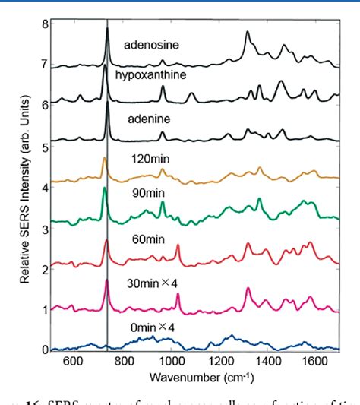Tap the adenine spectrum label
coord(142,119)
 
